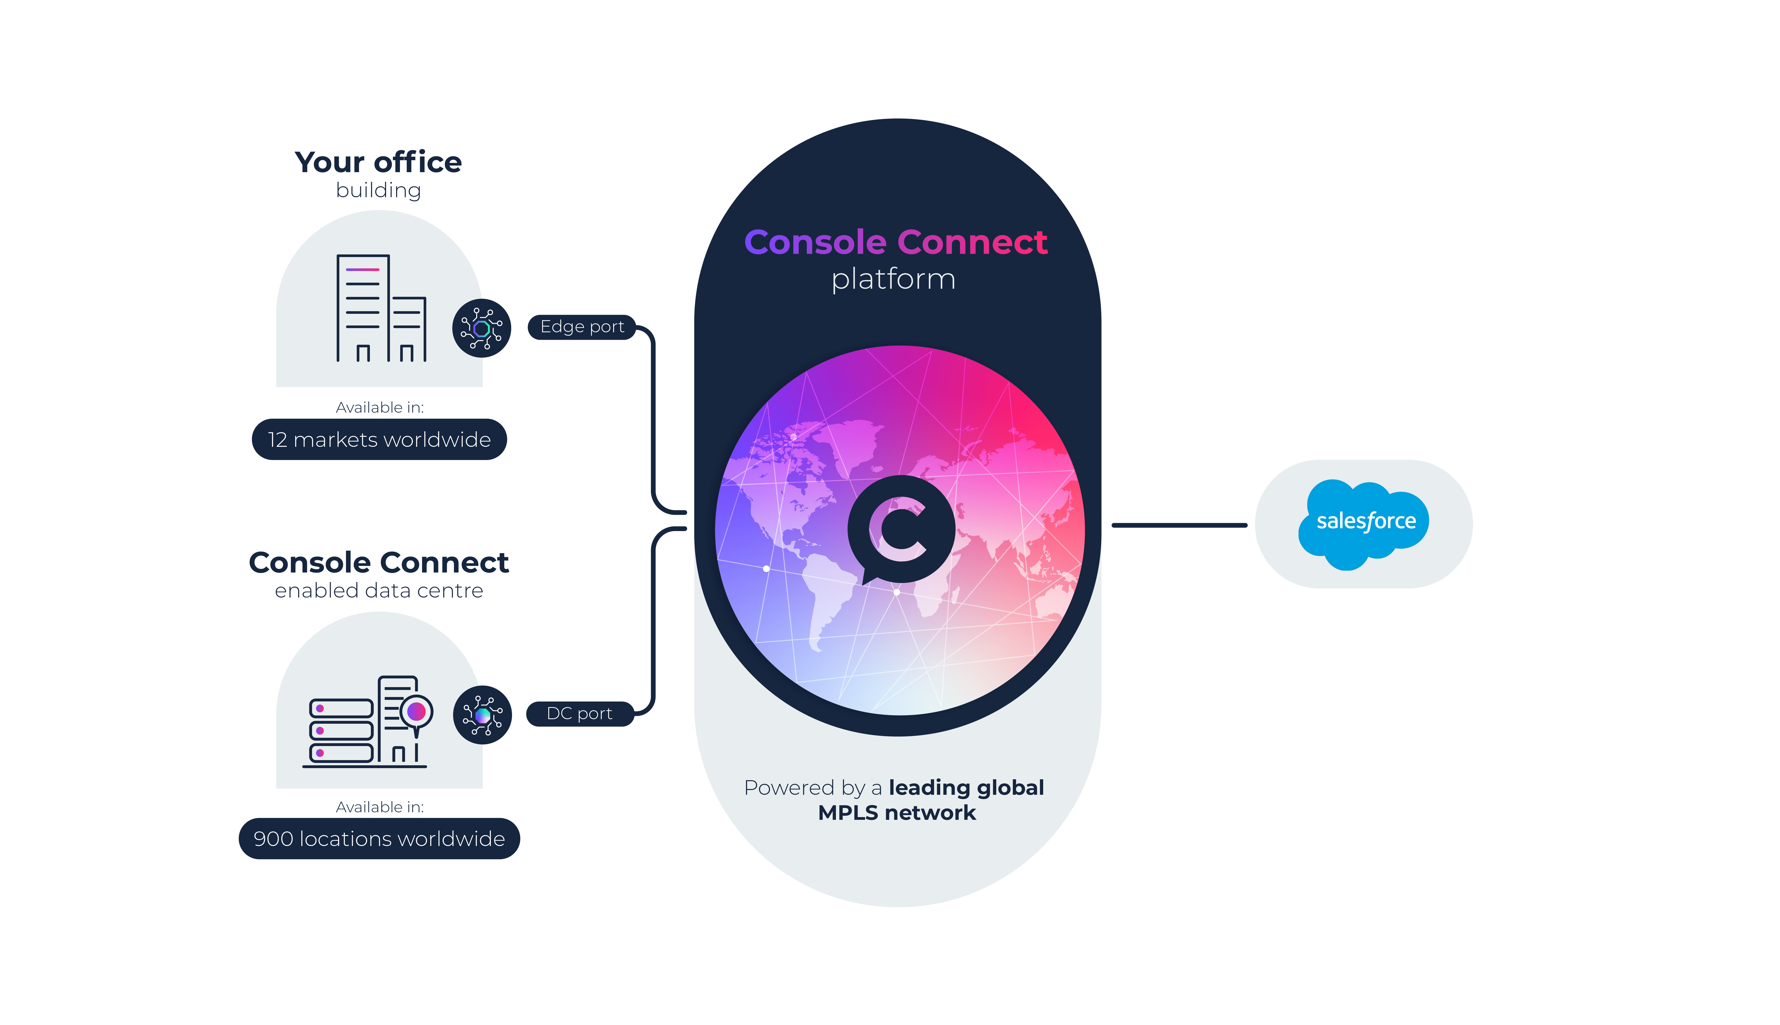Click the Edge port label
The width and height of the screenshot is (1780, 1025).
[x=581, y=327]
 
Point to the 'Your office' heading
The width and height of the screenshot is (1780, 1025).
[x=378, y=163]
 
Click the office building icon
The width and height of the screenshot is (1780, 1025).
[x=380, y=308]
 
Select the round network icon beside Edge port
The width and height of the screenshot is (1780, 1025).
[x=482, y=328]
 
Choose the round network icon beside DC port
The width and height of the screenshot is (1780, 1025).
[x=482, y=715]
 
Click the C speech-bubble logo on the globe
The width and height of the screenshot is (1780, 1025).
[x=901, y=529]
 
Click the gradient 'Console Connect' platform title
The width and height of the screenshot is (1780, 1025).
[x=896, y=242]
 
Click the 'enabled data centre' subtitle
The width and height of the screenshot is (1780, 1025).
[x=379, y=591]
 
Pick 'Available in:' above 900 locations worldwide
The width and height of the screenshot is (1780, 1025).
[x=379, y=807]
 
